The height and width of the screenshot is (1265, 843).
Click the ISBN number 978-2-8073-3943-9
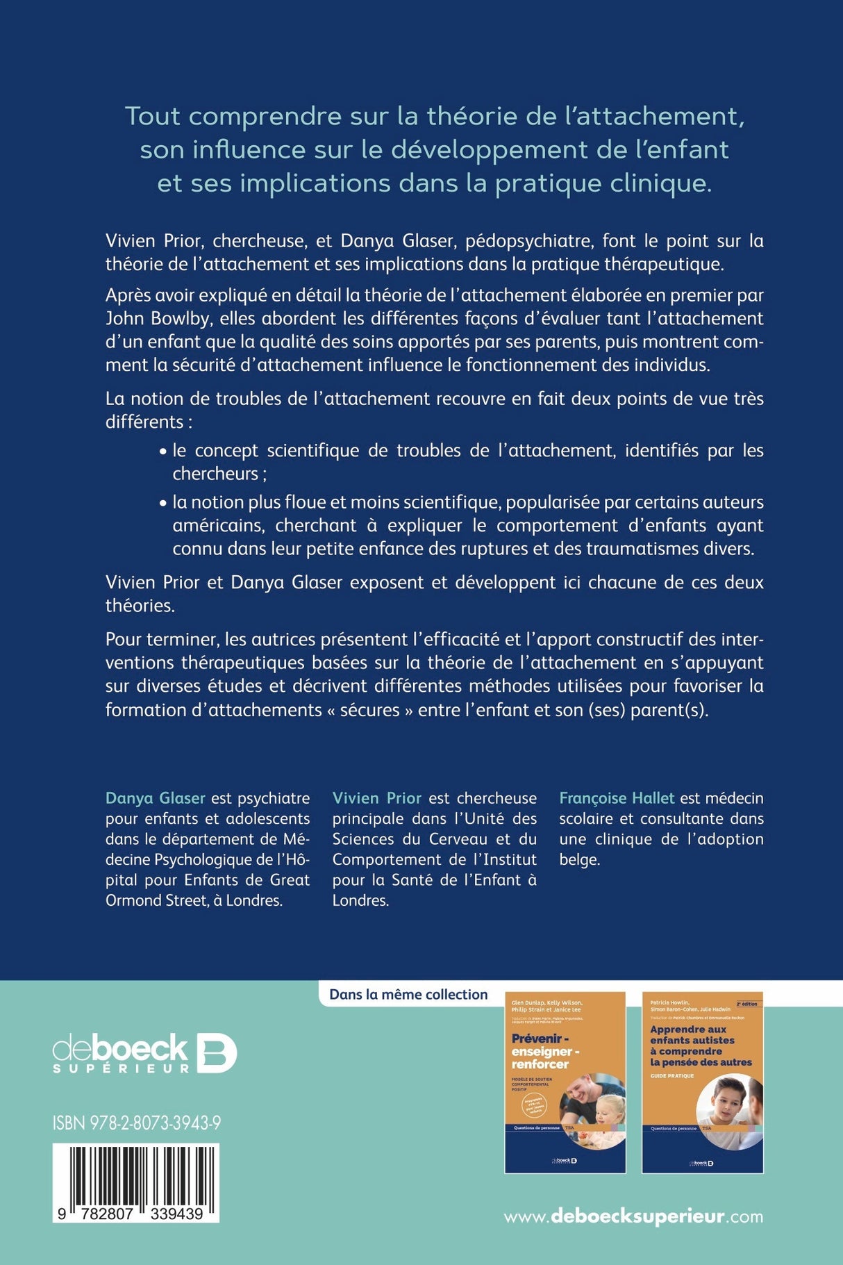click(137, 1123)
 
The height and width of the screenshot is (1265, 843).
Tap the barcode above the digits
click(136, 1173)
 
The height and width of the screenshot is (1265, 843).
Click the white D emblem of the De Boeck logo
click(217, 1053)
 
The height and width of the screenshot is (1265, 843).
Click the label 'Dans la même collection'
click(408, 995)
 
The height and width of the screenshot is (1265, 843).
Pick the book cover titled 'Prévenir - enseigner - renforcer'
click(565, 1082)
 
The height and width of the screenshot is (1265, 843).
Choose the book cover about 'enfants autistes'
click(702, 1082)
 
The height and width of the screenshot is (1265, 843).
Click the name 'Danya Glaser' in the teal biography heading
click(156, 798)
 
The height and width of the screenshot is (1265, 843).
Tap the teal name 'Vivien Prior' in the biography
click(377, 798)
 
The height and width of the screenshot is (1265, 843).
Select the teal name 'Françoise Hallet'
click(617, 798)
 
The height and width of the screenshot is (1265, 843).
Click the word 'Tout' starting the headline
click(153, 116)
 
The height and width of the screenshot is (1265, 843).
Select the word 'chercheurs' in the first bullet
click(215, 474)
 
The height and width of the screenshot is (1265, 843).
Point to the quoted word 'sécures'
click(369, 710)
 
